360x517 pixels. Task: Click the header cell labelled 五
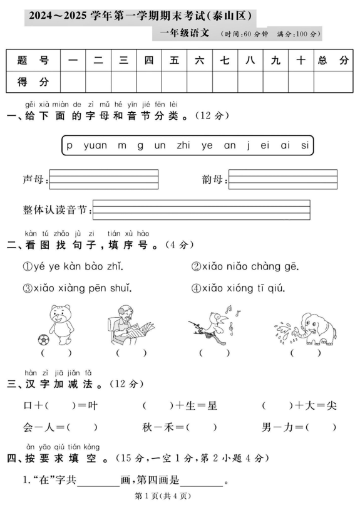[174, 61]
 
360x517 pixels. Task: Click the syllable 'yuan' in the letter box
[95, 145]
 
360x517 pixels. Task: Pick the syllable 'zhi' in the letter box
[183, 145]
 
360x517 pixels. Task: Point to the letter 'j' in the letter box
[248, 145]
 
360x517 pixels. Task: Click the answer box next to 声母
[103, 179]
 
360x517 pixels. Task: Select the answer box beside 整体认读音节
[201, 210]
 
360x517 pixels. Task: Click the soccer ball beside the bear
[43, 340]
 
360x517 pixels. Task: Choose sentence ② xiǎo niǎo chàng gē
[245, 266]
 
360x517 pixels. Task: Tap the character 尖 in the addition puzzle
[331, 406]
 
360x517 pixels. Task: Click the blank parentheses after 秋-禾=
[201, 427]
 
